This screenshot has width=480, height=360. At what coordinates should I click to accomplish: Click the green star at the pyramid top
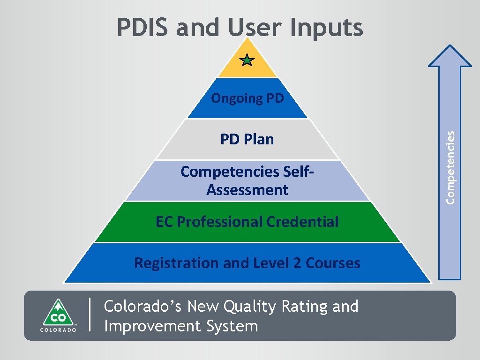(x=247, y=60)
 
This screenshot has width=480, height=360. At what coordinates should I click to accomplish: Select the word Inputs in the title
(x=327, y=28)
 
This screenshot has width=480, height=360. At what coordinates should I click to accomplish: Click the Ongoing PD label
(x=247, y=98)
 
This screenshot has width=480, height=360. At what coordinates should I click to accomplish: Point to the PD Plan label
(x=247, y=139)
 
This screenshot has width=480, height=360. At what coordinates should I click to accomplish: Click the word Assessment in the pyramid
(x=247, y=190)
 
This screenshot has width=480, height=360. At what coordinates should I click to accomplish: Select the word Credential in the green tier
(x=302, y=221)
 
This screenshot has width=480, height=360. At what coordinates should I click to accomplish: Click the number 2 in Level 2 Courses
(x=297, y=263)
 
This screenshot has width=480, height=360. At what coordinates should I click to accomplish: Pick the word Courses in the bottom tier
(x=333, y=263)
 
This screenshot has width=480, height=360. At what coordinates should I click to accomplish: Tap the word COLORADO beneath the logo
(x=58, y=329)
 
